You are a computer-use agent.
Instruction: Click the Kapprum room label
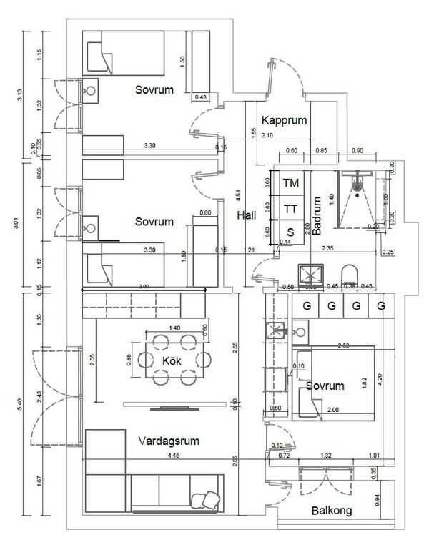284,119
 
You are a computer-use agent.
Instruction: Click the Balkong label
330,511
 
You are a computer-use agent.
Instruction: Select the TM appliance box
290,183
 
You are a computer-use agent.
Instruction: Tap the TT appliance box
290,209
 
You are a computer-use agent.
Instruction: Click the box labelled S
290,232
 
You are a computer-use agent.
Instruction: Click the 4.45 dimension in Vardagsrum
174,456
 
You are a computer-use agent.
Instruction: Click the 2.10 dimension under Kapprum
268,136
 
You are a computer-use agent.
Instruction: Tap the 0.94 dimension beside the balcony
377,501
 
